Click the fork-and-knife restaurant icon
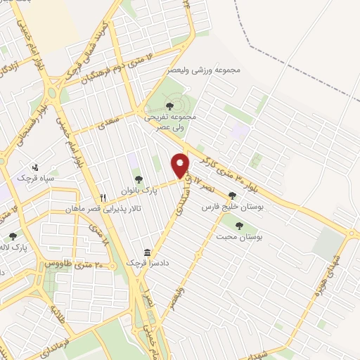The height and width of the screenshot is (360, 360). coord(103,198)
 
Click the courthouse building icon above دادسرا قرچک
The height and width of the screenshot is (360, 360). coord(147,252)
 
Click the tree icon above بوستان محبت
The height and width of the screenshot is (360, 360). coord(239,226)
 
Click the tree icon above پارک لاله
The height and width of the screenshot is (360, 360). coord(12,237)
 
